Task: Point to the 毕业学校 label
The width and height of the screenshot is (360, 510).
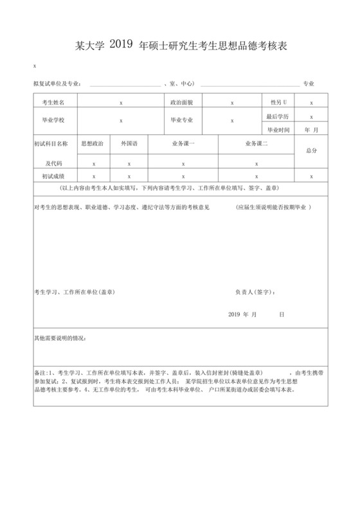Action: click(53, 120)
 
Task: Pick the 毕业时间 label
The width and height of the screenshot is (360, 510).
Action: click(278, 129)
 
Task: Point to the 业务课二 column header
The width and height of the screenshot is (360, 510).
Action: click(256, 143)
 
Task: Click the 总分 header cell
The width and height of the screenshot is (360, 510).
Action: click(311, 150)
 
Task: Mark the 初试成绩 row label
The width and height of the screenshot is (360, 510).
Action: click(53, 176)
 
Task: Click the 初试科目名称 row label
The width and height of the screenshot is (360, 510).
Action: click(50, 143)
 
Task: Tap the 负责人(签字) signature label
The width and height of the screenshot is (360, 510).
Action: click(255, 292)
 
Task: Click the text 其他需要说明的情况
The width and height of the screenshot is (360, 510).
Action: click(60, 338)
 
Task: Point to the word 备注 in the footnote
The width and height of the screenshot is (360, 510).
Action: click(40, 373)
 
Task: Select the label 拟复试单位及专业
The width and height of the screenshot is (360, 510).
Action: click(57, 84)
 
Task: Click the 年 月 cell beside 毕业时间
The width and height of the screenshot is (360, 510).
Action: click(311, 129)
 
